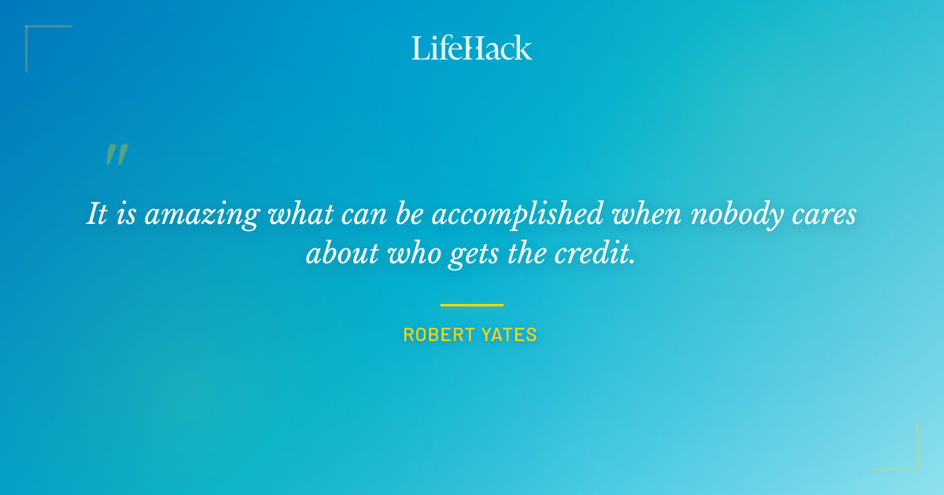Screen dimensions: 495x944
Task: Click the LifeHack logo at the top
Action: tap(472, 48)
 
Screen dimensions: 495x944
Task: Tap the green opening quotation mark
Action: tap(116, 155)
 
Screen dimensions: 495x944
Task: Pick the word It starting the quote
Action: tap(97, 214)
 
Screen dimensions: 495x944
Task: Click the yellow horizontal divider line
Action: tap(472, 305)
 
